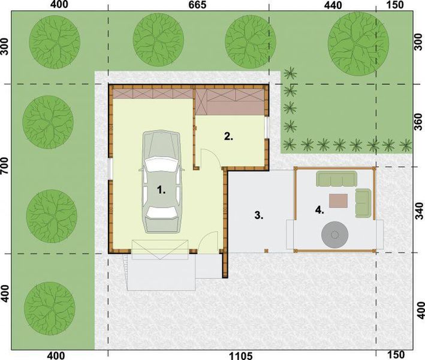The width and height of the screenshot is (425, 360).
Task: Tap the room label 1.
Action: click(160, 190)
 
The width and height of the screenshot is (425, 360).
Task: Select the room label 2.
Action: click(228, 136)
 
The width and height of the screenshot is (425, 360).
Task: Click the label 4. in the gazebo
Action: click(319, 209)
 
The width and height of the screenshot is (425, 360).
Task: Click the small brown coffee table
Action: click(338, 200)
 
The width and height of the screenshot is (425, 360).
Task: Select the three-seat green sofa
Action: click(336, 178)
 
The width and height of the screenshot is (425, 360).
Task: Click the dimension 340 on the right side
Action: click(419, 211)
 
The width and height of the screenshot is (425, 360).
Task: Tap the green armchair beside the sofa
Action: click(363, 202)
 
